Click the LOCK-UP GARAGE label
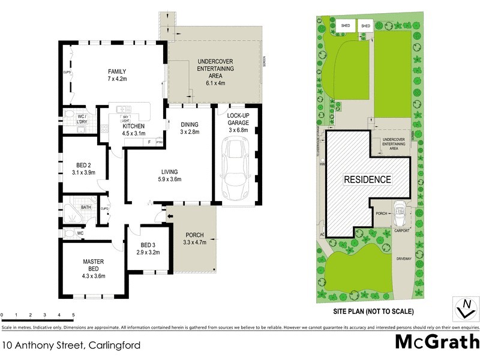(238, 119)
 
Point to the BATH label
(86, 208)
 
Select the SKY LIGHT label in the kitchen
(126, 118)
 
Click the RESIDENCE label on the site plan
(367, 179)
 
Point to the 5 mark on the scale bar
(73, 315)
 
